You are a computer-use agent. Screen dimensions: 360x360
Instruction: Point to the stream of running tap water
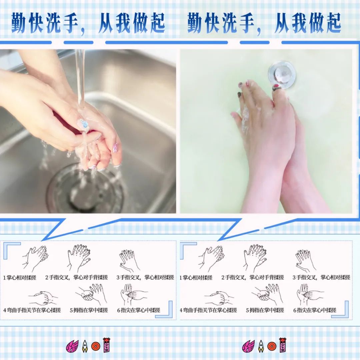(80, 77)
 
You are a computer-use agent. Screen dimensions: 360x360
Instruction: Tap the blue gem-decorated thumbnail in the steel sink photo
(84, 125)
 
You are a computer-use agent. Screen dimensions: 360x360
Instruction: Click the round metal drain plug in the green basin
(282, 74)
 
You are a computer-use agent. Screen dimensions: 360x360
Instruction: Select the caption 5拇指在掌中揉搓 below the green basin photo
(265, 310)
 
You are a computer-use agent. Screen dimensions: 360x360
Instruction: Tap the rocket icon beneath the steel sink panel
(85, 346)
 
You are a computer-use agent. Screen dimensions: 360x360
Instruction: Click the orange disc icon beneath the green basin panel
(272, 346)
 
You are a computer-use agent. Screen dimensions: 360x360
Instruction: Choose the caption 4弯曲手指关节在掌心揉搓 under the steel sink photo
(32, 310)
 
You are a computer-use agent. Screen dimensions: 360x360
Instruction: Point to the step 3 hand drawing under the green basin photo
(305, 260)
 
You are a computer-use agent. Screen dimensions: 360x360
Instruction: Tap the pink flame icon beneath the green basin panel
(248, 346)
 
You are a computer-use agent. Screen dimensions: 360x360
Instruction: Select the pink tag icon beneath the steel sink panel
(106, 345)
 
